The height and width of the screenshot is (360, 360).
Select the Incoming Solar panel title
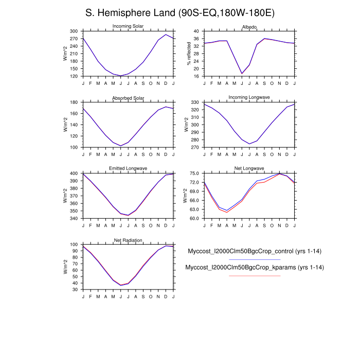pyautogui.click(x=128, y=27)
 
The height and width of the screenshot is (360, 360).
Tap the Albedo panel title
pyautogui.click(x=249, y=27)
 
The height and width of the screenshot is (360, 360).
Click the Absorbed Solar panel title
pyautogui.click(x=128, y=98)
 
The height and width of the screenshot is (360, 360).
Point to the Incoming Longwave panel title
pyautogui.click(x=249, y=98)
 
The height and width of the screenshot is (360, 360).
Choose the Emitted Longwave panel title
pyautogui.click(x=128, y=169)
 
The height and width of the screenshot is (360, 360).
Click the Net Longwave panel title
pyautogui.click(x=249, y=169)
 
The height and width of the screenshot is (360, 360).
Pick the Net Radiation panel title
pyautogui.click(x=128, y=240)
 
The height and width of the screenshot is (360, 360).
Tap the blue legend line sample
pyautogui.click(x=255, y=259)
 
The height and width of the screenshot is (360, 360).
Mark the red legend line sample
pyautogui.click(x=255, y=276)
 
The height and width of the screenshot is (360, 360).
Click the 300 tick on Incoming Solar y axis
pyautogui.click(x=74, y=31)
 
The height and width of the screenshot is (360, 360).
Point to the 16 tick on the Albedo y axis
pyautogui.click(x=196, y=76)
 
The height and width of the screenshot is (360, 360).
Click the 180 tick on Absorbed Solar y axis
pyautogui.click(x=74, y=102)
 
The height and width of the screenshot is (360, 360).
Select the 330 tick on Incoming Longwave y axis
pyautogui.click(x=195, y=102)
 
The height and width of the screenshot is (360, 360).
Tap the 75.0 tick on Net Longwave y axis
pyautogui.click(x=194, y=173)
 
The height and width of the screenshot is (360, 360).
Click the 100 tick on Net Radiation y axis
pyautogui.click(x=74, y=245)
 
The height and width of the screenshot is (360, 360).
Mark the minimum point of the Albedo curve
pyautogui.click(x=242, y=74)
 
